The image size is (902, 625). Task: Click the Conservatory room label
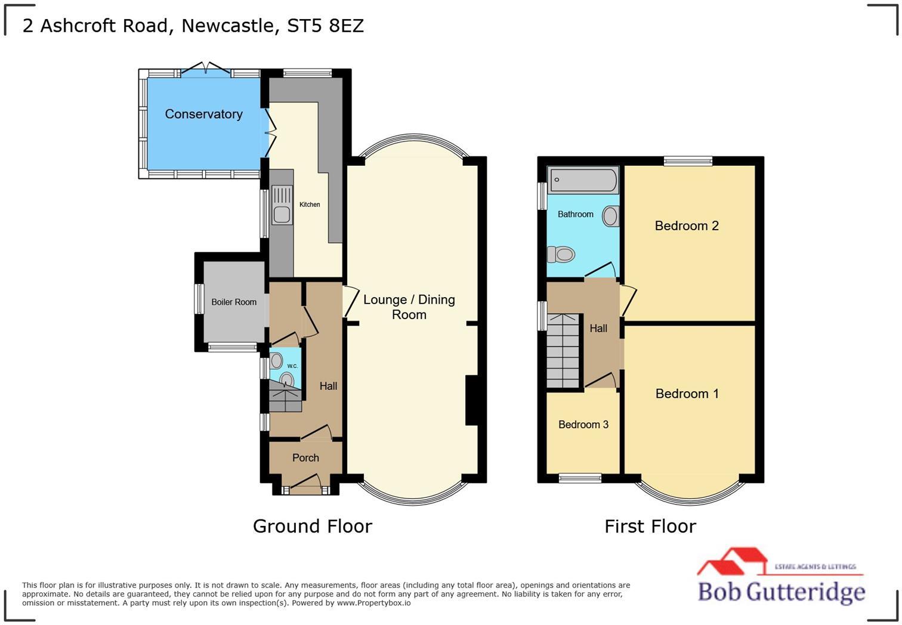203,114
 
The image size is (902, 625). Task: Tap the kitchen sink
282,205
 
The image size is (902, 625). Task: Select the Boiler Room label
234,302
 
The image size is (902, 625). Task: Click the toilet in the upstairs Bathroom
561,255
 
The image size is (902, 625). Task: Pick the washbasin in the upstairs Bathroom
610,216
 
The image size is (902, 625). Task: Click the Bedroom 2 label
687,225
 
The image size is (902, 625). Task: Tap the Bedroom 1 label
687,394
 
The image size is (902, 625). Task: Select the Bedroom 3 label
583,425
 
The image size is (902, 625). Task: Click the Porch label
305,458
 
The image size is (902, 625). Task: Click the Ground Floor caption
312,526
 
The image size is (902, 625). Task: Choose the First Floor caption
650,526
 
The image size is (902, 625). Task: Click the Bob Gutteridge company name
781,592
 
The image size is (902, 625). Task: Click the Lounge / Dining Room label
409,307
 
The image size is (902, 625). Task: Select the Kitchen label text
310,205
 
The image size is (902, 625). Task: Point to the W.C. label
292,366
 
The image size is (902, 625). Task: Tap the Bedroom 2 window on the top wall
688,160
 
